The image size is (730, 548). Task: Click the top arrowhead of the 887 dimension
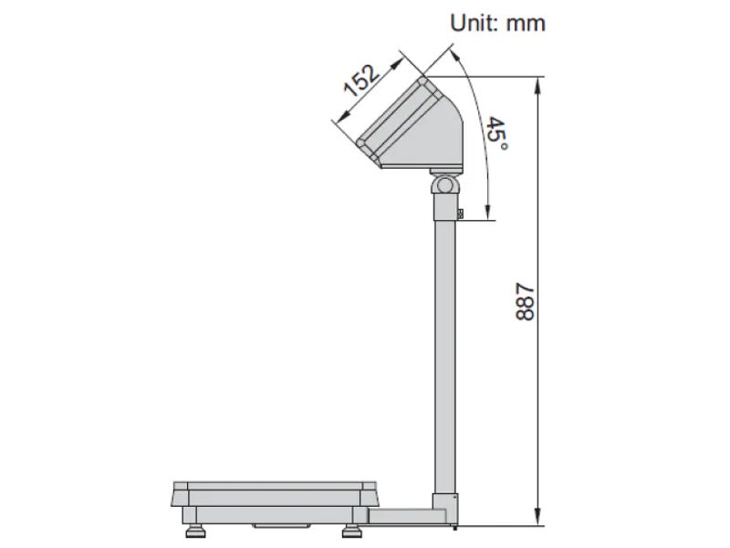click(x=539, y=82)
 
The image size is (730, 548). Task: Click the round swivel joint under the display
click(x=444, y=184)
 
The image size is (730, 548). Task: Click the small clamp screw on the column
click(x=460, y=215)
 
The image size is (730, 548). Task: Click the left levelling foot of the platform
click(x=196, y=532)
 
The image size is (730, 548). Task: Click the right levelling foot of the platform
click(x=349, y=532)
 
